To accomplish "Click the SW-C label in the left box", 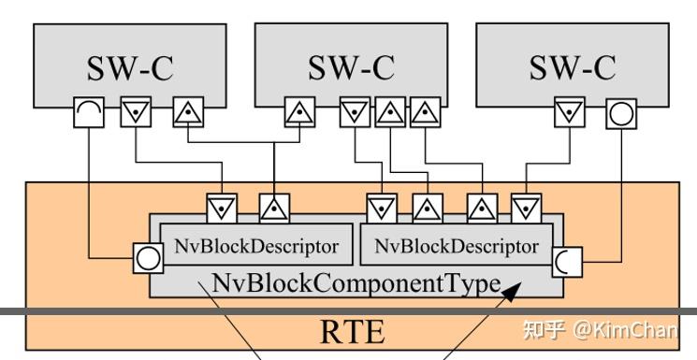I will click(130, 67).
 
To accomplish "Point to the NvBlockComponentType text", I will click(356, 282).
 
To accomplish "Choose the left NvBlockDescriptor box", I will click(255, 247).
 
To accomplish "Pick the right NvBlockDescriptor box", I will click(456, 247).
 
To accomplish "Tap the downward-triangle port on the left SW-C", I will click(136, 113).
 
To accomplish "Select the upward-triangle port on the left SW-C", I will click(187, 113).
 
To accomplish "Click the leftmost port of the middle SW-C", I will click(298, 113).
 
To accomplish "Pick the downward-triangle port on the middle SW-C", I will click(355, 113).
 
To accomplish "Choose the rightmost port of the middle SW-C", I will click(424, 113).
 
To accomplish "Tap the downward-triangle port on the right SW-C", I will click(568, 113).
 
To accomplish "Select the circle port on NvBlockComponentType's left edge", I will click(150, 256).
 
